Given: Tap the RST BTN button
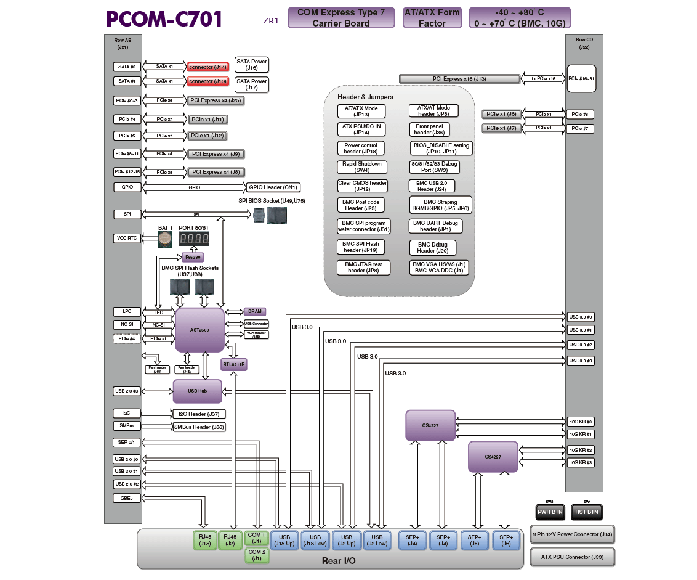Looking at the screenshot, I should pyautogui.click(x=587, y=512).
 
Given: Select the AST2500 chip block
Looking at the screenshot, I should pyautogui.click(x=199, y=330).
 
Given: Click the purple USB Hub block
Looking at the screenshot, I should pyautogui.click(x=197, y=391).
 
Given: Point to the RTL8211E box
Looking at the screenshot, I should pyautogui.click(x=233, y=364).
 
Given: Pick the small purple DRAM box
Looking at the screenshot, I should pyautogui.click(x=255, y=312).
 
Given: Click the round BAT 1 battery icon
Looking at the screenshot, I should pyautogui.click(x=164, y=239).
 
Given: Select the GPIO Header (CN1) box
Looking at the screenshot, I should pyautogui.click(x=273, y=187).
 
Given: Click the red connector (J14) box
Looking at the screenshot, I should pyautogui.click(x=208, y=67).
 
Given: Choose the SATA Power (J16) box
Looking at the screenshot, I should pyautogui.click(x=252, y=65).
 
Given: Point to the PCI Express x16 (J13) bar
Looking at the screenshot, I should pyautogui.click(x=459, y=79).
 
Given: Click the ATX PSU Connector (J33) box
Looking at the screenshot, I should pyautogui.click(x=572, y=557).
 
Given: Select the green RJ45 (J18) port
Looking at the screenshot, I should pyautogui.click(x=205, y=540).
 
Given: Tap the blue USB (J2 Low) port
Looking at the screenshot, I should pyautogui.click(x=377, y=540).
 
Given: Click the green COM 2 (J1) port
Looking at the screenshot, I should pyautogui.click(x=256, y=555).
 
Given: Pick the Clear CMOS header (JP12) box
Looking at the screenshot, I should pyautogui.click(x=362, y=186).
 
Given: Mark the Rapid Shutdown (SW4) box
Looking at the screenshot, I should pyautogui.click(x=361, y=167).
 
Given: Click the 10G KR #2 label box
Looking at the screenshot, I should pyautogui.click(x=581, y=451).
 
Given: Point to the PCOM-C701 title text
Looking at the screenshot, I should pyautogui.click(x=164, y=20).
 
